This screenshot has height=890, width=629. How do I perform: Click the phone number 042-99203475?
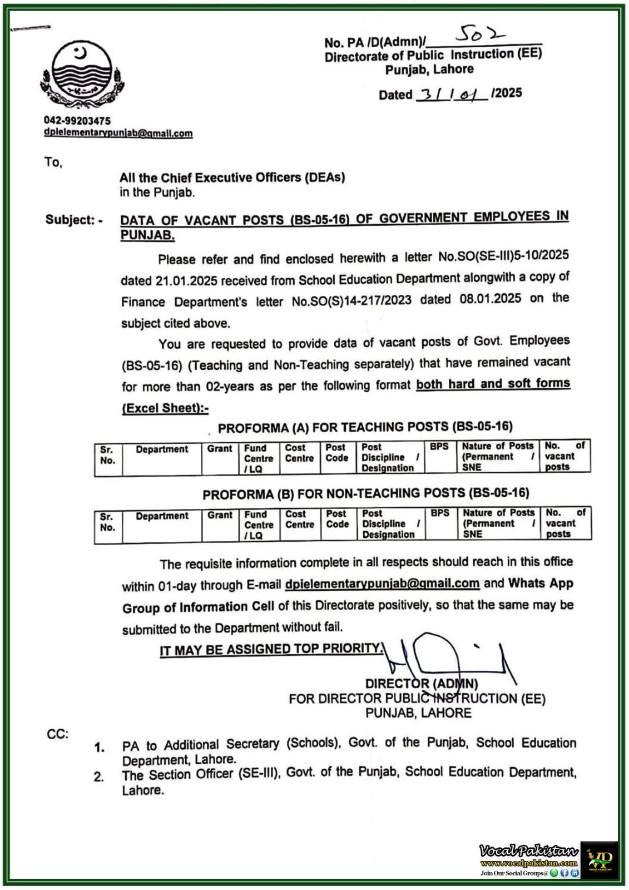77,121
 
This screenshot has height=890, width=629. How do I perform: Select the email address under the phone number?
118,133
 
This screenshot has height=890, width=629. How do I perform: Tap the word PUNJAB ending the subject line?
147,235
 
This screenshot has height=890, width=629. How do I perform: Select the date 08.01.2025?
490,299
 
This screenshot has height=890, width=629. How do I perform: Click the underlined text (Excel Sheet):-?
165,408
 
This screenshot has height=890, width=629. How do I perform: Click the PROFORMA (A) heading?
365,427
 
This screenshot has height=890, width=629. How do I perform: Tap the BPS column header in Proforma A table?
439,447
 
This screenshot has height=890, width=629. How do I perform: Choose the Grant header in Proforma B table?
220,515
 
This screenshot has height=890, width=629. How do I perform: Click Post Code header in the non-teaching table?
337,519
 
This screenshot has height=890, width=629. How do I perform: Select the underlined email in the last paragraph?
382,584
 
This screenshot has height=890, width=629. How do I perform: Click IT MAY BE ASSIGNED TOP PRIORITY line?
271,649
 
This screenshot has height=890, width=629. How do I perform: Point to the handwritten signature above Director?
445,656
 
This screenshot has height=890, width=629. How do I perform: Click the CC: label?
57,734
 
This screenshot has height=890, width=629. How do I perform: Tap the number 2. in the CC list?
99,777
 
